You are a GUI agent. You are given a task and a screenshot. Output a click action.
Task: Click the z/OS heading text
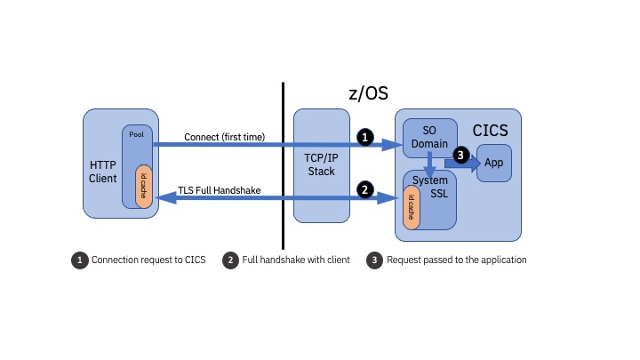[x=368, y=93]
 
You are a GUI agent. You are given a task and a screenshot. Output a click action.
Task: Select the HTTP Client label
[x=103, y=172]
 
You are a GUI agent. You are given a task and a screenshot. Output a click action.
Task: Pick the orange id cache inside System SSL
[x=412, y=208]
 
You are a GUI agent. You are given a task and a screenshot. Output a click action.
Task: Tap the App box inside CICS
[x=493, y=163]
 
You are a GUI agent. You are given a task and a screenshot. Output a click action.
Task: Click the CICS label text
[x=491, y=131]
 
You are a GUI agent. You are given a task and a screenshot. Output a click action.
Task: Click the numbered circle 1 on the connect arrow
[x=364, y=137]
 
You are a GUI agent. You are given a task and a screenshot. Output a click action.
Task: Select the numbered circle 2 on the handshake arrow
[x=364, y=188]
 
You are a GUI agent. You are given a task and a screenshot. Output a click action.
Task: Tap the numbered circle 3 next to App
[x=460, y=155]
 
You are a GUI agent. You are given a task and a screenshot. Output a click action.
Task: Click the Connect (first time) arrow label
[x=224, y=137]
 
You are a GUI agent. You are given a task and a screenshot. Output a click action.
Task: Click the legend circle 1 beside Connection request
[x=80, y=260]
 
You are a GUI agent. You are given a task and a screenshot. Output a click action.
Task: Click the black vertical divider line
[x=283, y=165]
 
